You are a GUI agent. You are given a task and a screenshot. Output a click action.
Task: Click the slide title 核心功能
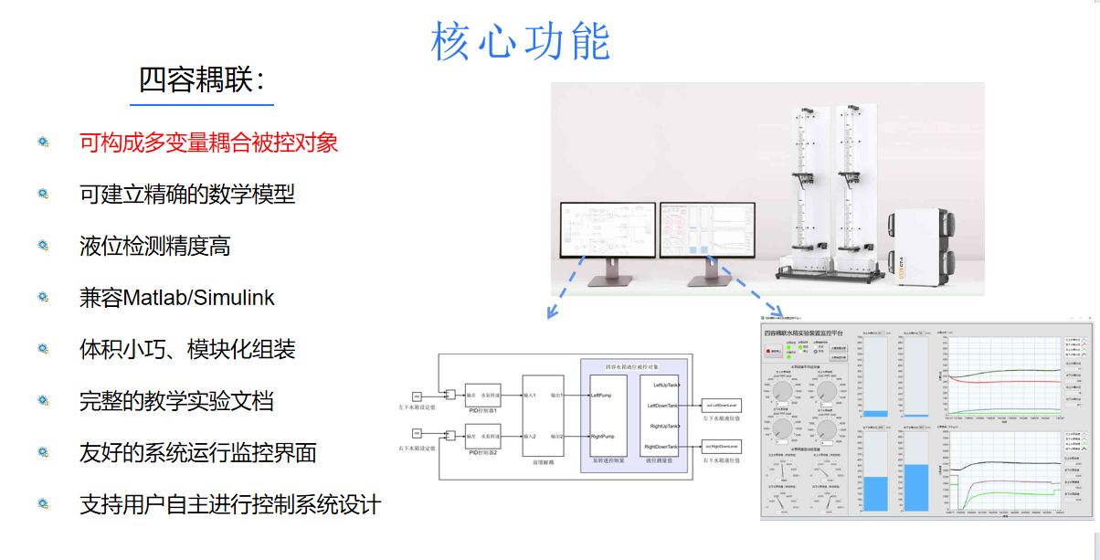520,42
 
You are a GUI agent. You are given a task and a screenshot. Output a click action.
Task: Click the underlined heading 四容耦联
201,79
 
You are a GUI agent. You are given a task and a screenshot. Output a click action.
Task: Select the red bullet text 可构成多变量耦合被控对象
209,143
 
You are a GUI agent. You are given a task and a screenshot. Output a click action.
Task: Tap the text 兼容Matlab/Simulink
177,298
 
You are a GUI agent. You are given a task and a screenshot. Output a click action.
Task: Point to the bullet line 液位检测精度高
154,246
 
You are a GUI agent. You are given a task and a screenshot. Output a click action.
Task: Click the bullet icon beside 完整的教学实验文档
43,400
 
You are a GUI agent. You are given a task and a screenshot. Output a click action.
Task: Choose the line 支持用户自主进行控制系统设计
229,504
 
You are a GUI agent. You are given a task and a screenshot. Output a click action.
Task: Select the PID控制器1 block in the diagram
481,396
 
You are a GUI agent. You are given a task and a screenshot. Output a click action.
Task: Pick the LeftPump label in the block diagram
602,396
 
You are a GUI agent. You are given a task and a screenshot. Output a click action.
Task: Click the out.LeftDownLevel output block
721,403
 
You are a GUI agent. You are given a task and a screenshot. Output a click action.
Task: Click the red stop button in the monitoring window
775,351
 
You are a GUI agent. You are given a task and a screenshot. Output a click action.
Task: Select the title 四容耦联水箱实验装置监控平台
803,333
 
